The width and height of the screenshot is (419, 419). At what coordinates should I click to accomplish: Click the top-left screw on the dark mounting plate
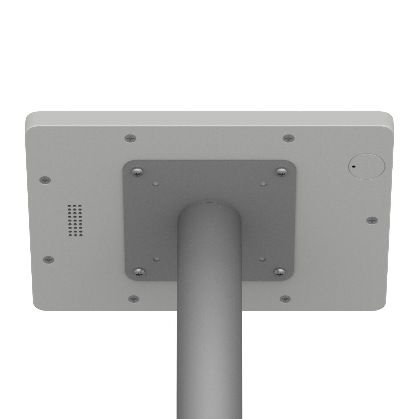pos(137,172)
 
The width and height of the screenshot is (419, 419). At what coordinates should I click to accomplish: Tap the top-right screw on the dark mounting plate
pos(282,172)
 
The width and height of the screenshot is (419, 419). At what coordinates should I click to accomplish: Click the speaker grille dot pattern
pos(75,220)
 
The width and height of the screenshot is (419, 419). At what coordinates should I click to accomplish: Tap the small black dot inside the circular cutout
pos(353,166)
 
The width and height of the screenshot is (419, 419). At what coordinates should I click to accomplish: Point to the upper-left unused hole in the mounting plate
pos(156,184)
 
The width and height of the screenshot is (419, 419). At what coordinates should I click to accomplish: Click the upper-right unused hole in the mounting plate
pos(263,184)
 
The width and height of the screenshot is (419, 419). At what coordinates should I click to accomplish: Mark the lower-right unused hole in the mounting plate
pos(262,259)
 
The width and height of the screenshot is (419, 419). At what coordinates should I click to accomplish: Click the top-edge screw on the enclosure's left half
pos(130,138)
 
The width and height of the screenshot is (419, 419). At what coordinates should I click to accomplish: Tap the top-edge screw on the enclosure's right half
pos(289,138)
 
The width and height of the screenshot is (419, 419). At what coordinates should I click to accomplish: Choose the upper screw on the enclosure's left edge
pos(45,180)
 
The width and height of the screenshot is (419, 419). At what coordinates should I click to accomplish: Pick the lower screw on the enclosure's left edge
pos(48,259)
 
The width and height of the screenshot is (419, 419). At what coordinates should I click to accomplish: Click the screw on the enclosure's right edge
pos(372,220)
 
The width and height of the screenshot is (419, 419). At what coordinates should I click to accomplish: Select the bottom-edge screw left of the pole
pos(134,299)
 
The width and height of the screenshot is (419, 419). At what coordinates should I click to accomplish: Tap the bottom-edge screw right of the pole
pos(285,299)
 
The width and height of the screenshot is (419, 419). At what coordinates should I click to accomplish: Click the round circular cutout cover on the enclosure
pos(367,166)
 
